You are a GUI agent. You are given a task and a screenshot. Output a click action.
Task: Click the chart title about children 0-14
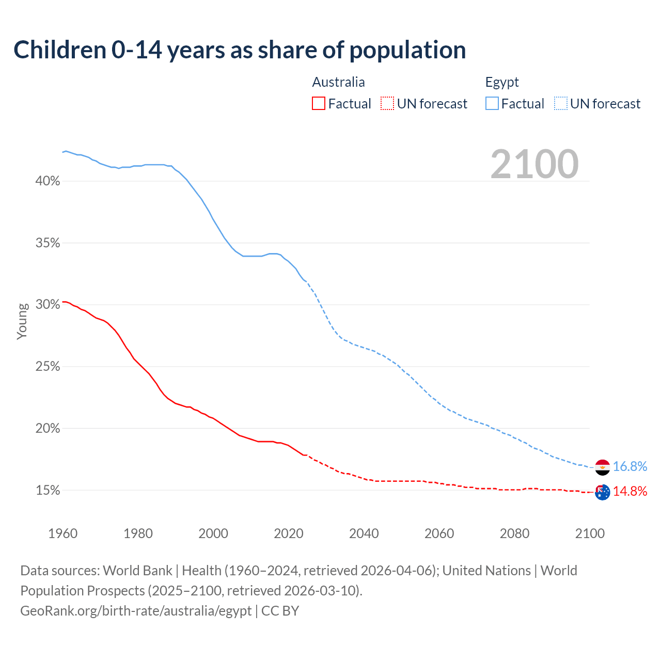click(x=240, y=50)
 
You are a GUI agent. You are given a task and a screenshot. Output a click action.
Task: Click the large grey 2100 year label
click(x=534, y=164)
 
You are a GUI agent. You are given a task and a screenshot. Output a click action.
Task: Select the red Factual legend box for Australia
click(x=319, y=104)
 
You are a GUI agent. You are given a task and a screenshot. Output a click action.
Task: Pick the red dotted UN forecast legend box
click(x=387, y=104)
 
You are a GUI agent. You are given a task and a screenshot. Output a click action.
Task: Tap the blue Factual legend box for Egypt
click(x=492, y=104)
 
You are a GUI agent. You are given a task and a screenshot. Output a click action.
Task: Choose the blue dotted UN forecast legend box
click(x=561, y=104)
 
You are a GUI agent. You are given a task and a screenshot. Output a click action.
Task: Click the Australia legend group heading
click(x=338, y=82)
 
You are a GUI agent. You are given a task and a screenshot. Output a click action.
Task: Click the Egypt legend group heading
click(x=502, y=82)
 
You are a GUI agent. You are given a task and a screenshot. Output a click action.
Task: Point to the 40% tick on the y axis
click(x=48, y=181)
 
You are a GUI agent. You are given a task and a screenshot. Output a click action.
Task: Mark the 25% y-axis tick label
click(x=48, y=367)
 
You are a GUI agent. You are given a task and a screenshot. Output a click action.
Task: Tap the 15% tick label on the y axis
click(x=48, y=491)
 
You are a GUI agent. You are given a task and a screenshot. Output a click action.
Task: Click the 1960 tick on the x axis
click(x=62, y=533)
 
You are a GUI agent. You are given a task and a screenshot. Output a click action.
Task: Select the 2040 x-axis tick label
click(x=364, y=533)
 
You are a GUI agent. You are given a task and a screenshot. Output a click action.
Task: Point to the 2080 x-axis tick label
click(x=514, y=533)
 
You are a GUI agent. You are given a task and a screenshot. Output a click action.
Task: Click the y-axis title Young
click(x=22, y=321)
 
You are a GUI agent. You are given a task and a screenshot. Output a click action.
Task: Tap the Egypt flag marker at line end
click(x=603, y=467)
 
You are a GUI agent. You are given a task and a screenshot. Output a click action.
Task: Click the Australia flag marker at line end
click(x=603, y=492)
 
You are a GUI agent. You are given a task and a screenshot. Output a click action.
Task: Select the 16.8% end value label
click(x=630, y=467)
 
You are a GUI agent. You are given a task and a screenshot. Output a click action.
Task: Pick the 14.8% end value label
click(x=630, y=491)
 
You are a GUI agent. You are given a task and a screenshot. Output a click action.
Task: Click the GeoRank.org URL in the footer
click(x=136, y=611)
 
